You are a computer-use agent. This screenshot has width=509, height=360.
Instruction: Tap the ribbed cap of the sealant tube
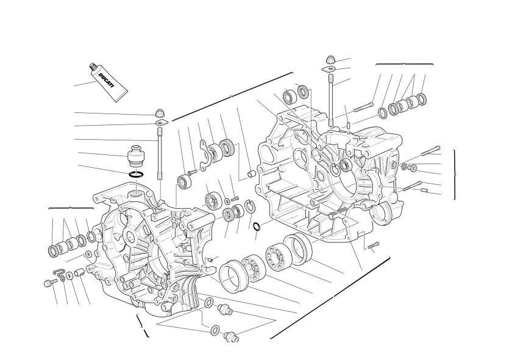[x=93, y=67]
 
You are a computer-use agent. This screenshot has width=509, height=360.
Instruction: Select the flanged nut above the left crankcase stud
[x=159, y=113]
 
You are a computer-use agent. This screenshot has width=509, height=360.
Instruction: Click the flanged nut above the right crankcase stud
[x=330, y=60]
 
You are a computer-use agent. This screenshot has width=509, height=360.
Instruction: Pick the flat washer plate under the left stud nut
[x=162, y=123]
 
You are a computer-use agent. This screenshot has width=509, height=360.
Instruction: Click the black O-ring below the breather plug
[x=137, y=175]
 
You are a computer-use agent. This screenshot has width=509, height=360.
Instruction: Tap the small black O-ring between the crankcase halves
[x=257, y=226]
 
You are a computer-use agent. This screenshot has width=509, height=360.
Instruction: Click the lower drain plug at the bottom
[x=231, y=336]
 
